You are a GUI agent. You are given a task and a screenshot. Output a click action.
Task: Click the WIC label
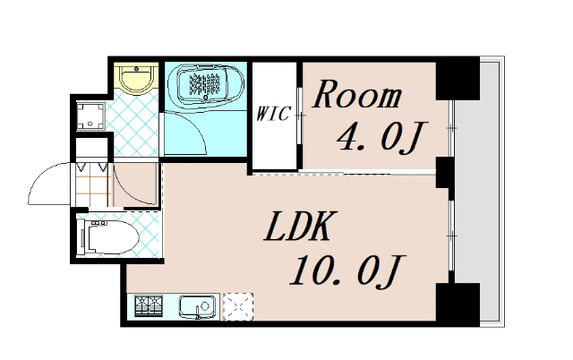coord(273,114)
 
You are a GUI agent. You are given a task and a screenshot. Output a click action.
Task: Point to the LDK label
coord(297,229)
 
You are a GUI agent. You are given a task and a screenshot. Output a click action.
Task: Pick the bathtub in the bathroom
coord(205,85)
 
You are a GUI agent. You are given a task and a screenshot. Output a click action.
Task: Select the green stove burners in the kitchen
coord(150,307)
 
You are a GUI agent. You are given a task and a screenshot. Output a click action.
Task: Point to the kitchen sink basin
coord(197,307)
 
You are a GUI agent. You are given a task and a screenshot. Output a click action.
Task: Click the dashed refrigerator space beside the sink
coord(237,307)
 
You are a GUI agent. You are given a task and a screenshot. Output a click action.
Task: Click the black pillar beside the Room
coord(457,80)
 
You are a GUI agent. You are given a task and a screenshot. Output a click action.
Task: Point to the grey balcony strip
coord(491,188)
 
